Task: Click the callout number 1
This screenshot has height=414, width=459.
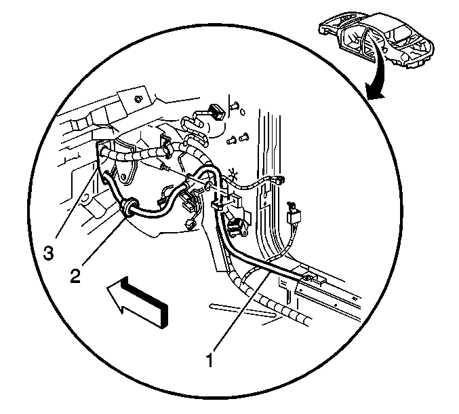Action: (209, 360)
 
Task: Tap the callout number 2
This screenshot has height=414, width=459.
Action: (75, 276)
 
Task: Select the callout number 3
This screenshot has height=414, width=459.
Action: (49, 252)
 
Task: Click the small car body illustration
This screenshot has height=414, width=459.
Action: (376, 39)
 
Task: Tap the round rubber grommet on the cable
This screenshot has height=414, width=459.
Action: (129, 208)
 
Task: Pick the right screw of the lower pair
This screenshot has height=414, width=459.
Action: (243, 137)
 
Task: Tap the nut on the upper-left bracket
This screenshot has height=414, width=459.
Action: (138, 99)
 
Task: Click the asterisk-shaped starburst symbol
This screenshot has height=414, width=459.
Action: (234, 175)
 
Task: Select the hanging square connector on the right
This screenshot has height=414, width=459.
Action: (294, 217)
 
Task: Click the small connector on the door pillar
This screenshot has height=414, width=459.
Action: (279, 180)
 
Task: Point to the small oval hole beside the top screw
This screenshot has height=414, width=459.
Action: (243, 112)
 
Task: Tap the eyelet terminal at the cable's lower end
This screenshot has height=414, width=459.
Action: (306, 277)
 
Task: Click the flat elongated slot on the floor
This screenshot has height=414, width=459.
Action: (242, 311)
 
